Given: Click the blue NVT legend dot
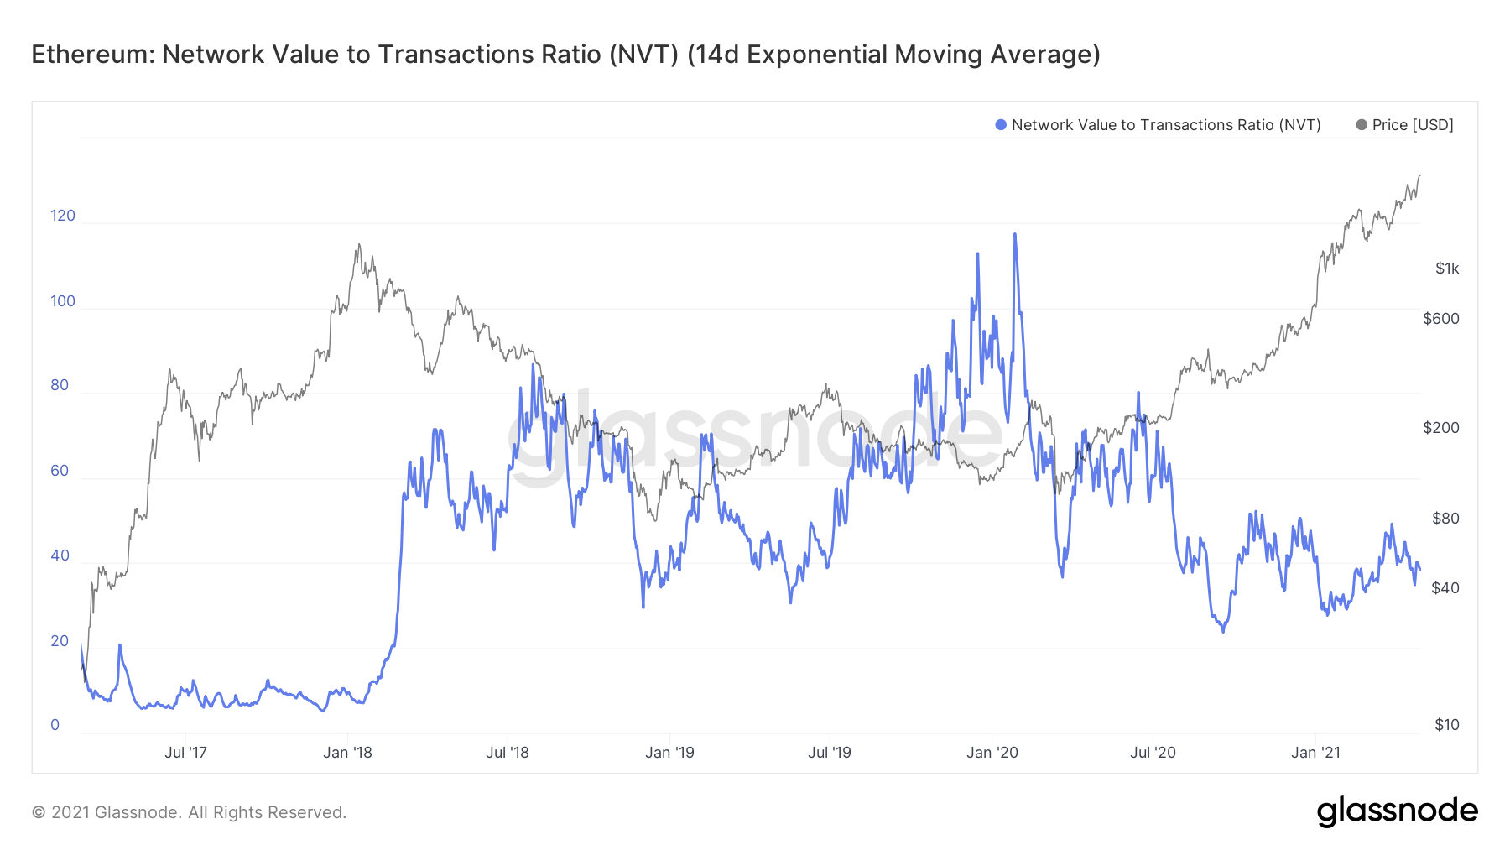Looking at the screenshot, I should coord(1000,125).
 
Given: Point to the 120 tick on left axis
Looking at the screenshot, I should coord(63,216).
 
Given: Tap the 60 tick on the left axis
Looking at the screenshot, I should coord(60,471).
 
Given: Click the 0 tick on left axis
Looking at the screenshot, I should coord(55,725).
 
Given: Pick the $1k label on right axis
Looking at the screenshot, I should coord(1447,269).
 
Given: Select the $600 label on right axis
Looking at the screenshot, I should coord(1441,319).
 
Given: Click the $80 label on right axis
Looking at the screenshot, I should coord(1445,519).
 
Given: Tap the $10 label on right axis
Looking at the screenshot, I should coord(1446,725).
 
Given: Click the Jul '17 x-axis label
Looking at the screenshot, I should coord(185,753).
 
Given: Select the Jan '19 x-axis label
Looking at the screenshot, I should coord(669,753).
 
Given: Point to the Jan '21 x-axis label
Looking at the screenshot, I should coord(1315,753).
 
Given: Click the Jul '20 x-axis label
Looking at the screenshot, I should coord(1153,753).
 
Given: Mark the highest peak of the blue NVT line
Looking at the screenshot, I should coord(1015,234).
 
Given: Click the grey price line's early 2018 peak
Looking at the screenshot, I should coord(359,245).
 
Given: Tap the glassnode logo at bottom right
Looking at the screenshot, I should coord(1397,811).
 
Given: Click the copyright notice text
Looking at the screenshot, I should coord(189,812).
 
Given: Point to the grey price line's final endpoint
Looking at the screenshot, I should coord(1419,175).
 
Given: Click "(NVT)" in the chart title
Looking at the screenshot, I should coord(643,55).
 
